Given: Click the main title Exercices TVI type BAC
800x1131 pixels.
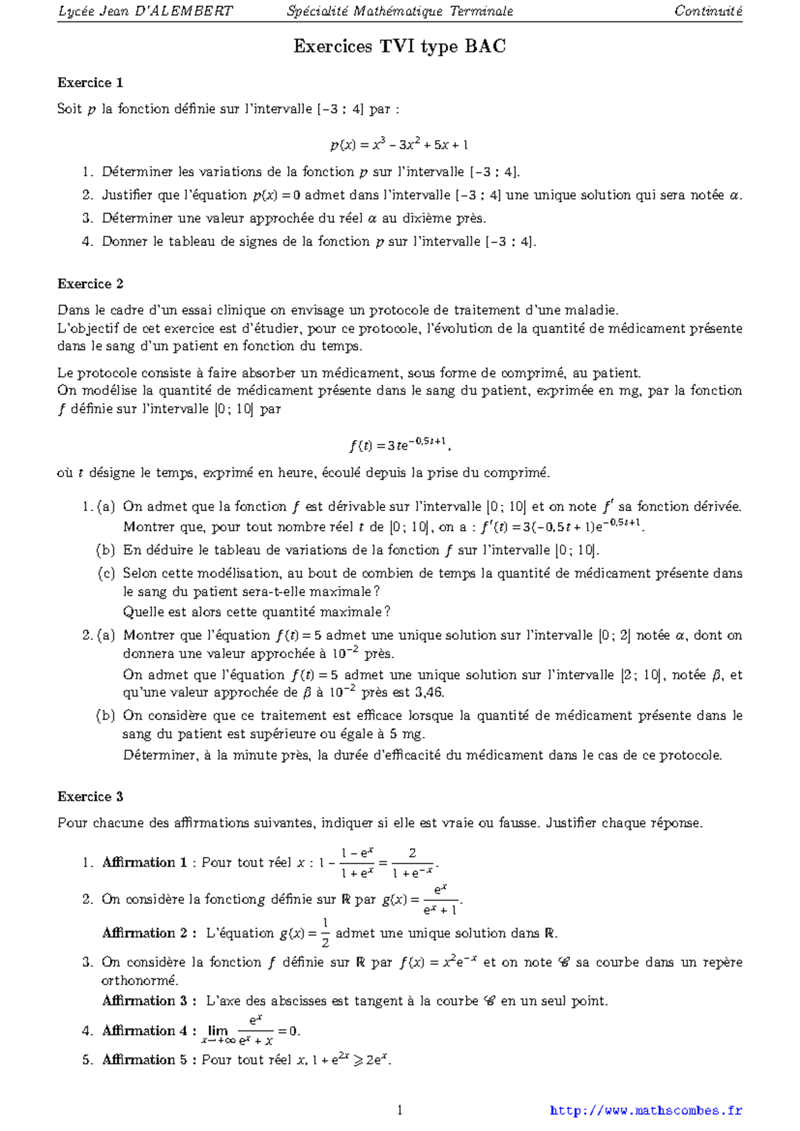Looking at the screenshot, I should [399, 46].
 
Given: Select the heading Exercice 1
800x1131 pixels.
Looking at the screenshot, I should [90, 83].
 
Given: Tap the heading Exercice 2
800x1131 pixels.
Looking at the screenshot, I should [90, 284].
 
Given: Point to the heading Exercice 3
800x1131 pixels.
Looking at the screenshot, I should [90, 797].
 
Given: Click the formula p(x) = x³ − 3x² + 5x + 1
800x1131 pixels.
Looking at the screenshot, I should [399, 144].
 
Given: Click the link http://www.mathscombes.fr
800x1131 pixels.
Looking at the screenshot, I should [645, 1110].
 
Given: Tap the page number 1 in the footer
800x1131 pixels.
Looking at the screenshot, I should [399, 1110].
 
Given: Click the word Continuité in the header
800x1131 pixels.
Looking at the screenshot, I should [708, 11].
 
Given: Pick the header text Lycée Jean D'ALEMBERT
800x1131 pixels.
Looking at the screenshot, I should [145, 11].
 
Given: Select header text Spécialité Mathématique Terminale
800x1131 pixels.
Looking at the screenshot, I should [399, 11].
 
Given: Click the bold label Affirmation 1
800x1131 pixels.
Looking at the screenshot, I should [144, 862].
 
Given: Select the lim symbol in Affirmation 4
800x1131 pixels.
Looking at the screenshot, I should [217, 1030].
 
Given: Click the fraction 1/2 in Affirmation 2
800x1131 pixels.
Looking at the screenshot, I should [325, 933].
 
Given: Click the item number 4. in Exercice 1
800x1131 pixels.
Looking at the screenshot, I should [87, 241].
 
